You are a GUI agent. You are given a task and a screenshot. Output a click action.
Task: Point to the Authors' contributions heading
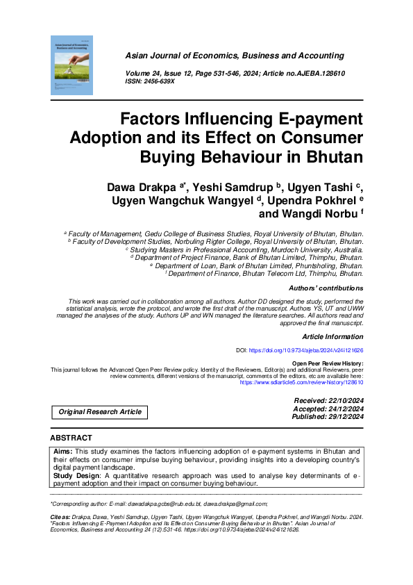pyautogui.click(x=326, y=288)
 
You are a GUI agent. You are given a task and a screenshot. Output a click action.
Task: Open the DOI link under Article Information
pyautogui.click(x=305, y=351)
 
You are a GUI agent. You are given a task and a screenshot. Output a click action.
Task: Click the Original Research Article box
pyautogui.click(x=99, y=412)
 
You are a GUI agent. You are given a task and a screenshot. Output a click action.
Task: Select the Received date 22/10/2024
pyautogui.click(x=340, y=401)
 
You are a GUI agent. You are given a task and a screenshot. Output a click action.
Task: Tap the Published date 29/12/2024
pyautogui.click(x=340, y=417)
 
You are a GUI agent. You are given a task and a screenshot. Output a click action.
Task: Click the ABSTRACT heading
pyautogui.click(x=71, y=438)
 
